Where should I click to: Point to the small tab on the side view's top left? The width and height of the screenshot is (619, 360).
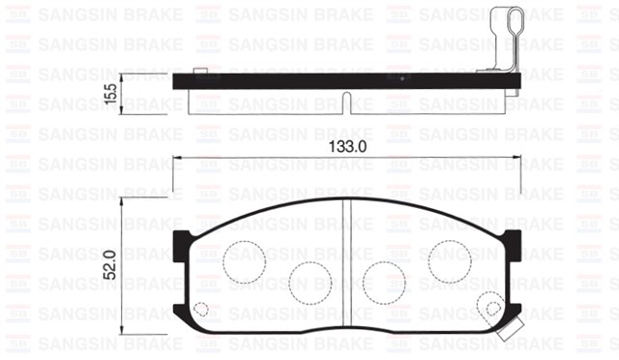click(x=199, y=71)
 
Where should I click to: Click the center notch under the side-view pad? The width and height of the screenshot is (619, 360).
click(x=347, y=100)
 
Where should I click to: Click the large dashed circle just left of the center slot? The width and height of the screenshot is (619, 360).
click(x=309, y=280)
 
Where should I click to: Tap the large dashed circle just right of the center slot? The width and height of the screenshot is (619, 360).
click(x=383, y=280)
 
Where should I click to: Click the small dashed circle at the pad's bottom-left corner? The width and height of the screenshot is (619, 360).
click(x=201, y=310)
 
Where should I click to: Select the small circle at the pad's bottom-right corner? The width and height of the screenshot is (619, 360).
click(x=494, y=310)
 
